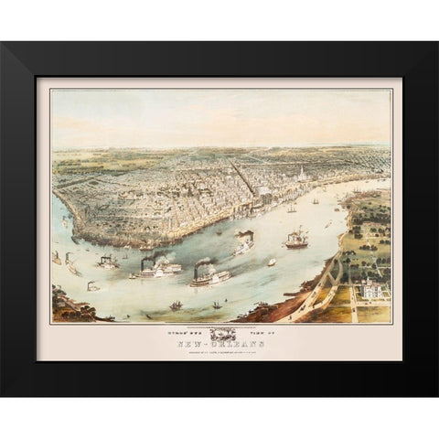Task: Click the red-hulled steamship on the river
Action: (x=296, y=241)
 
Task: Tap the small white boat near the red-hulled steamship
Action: (x=272, y=262)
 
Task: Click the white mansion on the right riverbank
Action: (x=373, y=292)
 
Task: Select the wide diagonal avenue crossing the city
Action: (x=245, y=179)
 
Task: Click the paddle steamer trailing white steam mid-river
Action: (x=245, y=245)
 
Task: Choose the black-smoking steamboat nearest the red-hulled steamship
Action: (x=245, y=245)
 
